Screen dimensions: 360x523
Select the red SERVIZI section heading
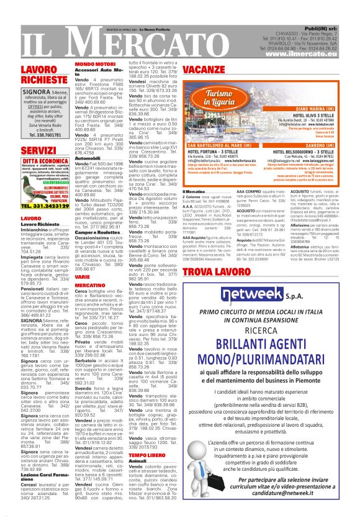pyautogui.click(x=38, y=150)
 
